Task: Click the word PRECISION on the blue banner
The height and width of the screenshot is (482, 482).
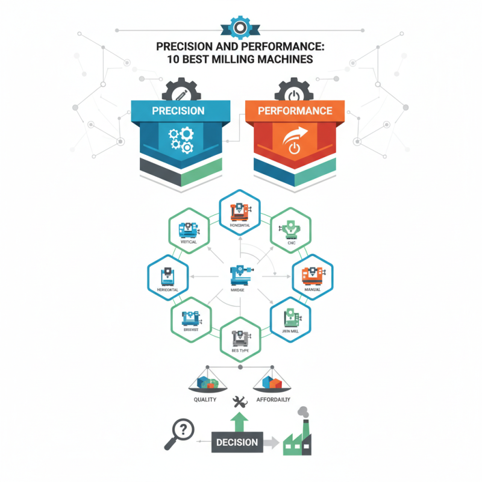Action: coord(178,111)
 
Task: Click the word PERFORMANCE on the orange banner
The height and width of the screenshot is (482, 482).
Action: coord(295,111)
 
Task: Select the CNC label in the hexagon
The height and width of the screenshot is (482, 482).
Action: coord(291,243)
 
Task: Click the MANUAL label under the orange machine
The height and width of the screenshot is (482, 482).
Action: coord(312,290)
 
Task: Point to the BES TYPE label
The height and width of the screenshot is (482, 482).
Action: coord(240,349)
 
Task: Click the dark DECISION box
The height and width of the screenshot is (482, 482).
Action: coord(237,443)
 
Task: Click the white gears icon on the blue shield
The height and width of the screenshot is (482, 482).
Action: coord(180,140)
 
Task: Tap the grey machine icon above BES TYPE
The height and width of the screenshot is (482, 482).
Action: coord(240,335)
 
